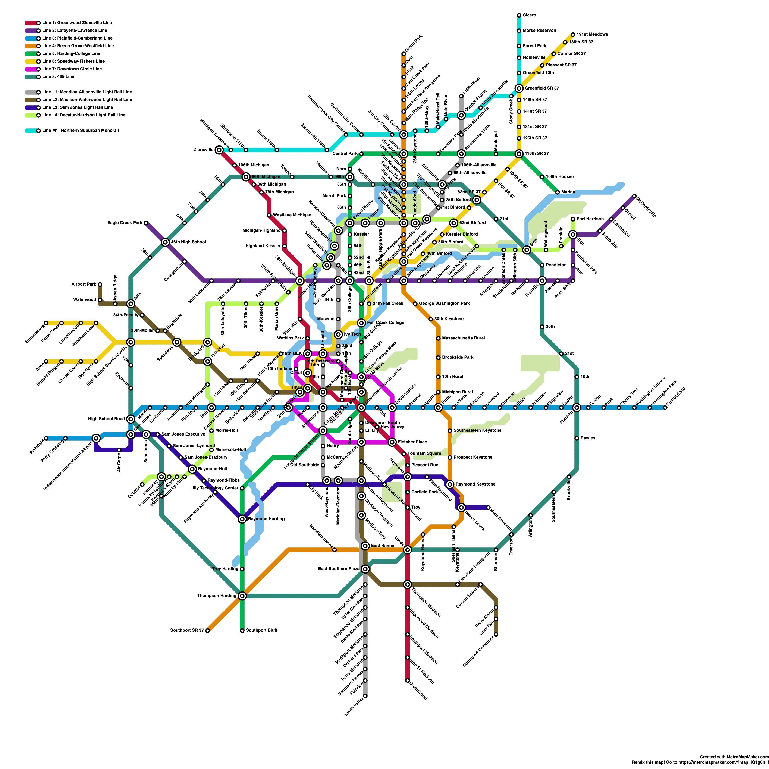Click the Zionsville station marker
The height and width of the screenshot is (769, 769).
click(219, 150)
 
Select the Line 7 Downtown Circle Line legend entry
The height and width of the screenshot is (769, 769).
click(72, 69)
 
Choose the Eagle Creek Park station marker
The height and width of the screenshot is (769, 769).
click(146, 223)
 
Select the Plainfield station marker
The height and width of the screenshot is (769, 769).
click(46, 438)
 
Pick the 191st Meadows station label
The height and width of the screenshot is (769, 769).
click(592, 34)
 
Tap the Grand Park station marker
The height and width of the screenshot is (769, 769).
click(404, 54)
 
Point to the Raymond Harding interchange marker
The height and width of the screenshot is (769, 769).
click(242, 519)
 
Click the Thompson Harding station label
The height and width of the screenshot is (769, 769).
click(217, 596)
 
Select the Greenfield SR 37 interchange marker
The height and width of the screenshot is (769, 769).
click(519, 88)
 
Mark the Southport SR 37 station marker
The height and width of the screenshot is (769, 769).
click(207, 631)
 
